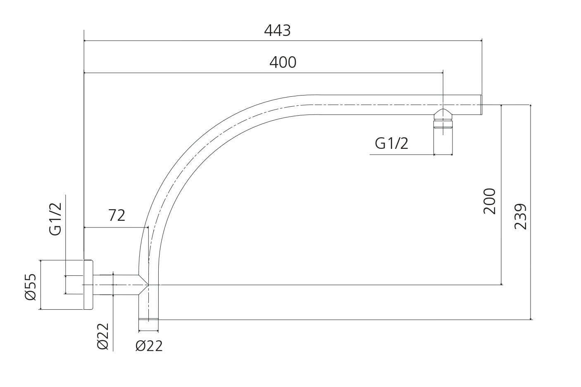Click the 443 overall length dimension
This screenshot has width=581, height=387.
[277, 31]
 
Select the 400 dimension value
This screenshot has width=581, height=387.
[283, 62]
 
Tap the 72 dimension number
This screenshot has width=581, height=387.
[117, 215]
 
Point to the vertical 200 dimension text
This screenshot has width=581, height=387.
[489, 201]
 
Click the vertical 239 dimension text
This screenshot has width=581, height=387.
[521, 216]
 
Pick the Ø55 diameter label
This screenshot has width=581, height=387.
[31, 287]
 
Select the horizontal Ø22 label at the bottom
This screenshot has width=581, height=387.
[149, 346]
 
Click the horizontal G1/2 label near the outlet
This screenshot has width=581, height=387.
[391, 143]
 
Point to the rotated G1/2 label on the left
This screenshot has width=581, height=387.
[56, 219]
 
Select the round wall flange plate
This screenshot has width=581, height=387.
[88, 285]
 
